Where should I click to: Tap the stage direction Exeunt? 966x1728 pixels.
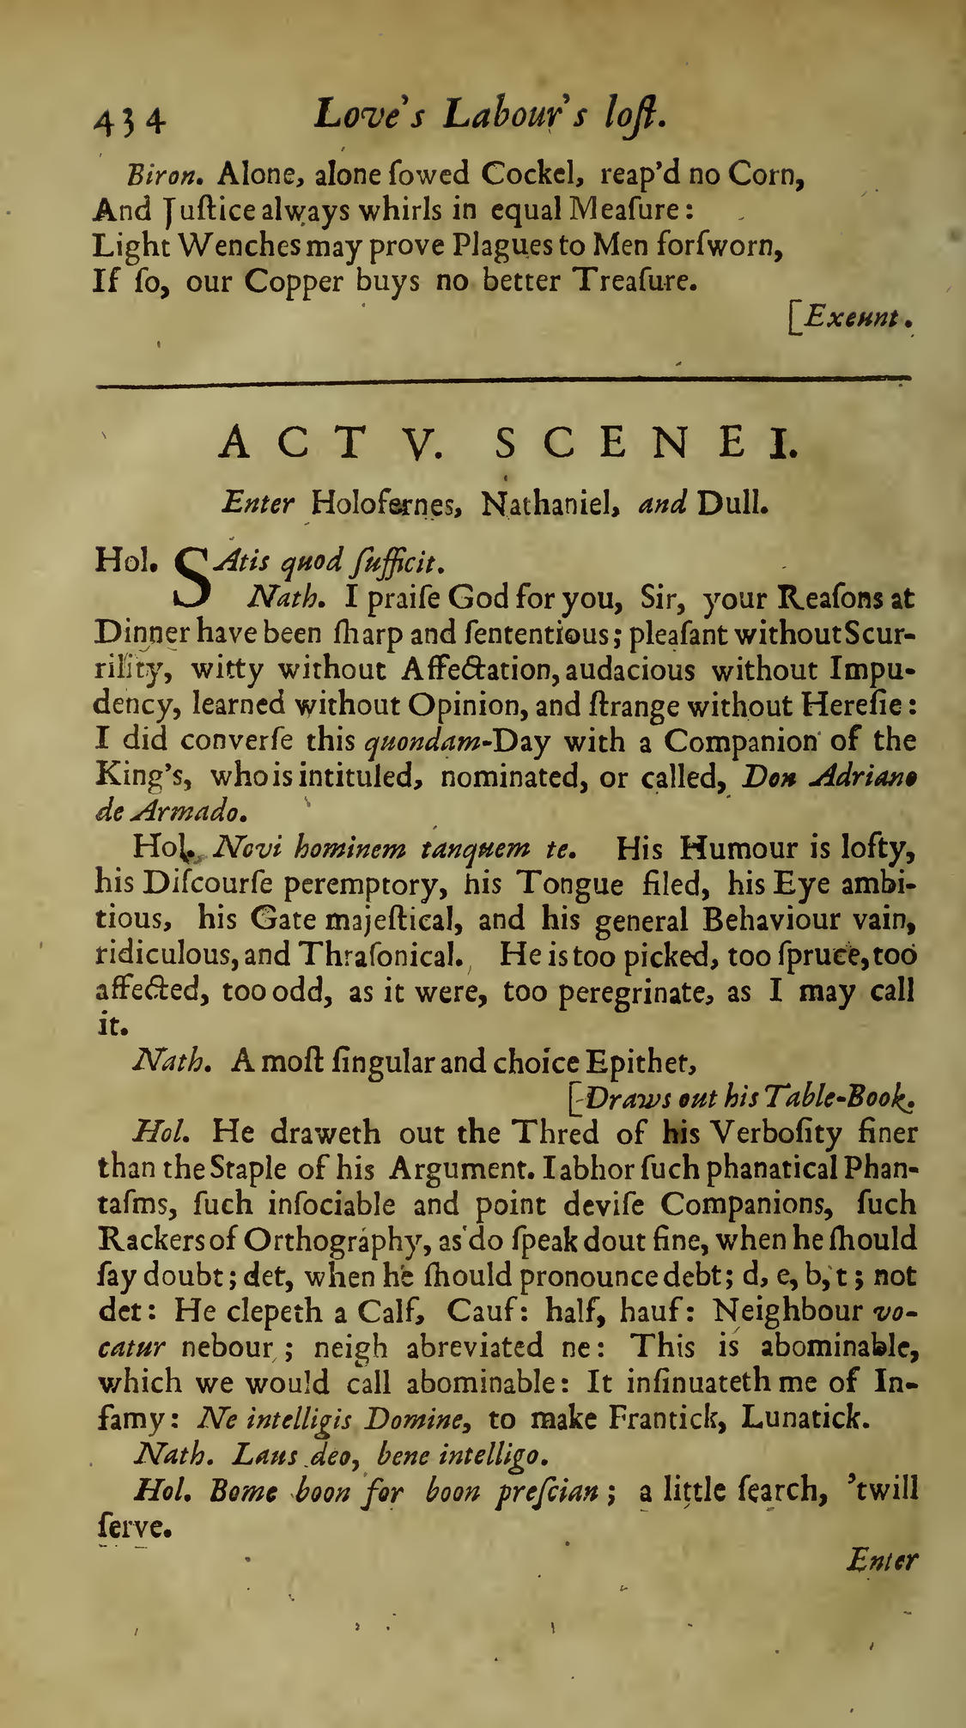852,320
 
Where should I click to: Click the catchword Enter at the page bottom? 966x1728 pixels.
881,1559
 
